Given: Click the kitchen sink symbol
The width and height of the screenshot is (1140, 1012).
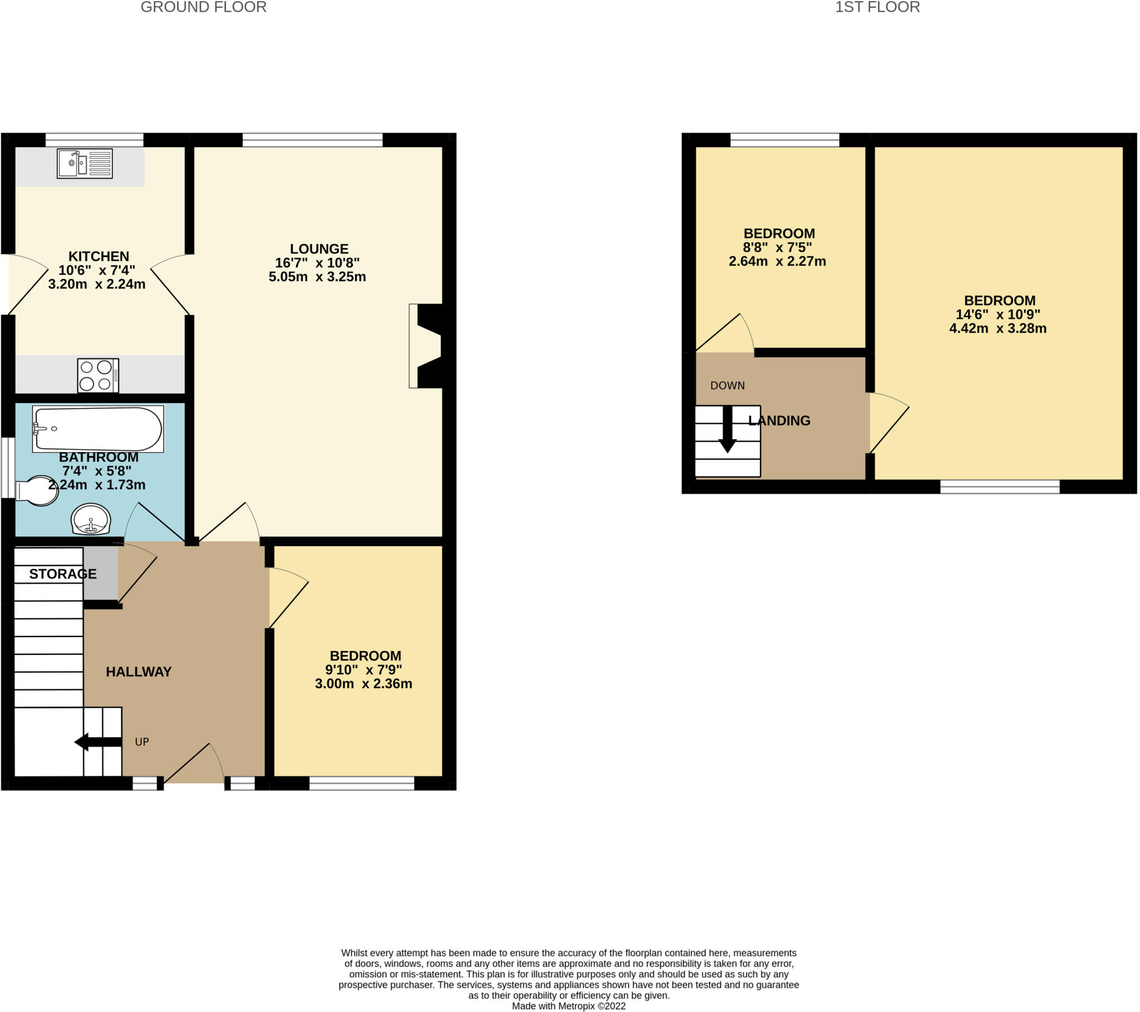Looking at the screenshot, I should [x=85, y=164].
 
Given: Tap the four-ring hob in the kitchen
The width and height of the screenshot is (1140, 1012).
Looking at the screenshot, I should [x=98, y=375].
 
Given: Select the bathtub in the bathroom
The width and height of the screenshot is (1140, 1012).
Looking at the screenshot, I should [x=98, y=429].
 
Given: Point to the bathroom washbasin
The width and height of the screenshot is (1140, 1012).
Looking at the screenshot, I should [x=91, y=519].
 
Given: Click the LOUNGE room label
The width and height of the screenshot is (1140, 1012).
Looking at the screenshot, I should [x=319, y=249].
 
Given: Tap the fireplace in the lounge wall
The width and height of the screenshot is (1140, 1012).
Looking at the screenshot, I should [x=426, y=345].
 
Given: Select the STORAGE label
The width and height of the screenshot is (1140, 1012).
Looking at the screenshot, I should [x=63, y=574].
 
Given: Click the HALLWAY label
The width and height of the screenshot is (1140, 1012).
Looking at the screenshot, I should [x=139, y=672].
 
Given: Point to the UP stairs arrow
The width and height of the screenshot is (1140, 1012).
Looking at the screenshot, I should [x=98, y=742].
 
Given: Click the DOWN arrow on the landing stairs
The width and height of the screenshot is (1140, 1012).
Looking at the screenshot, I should [x=728, y=430].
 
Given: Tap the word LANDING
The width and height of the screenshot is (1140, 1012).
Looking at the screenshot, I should [x=779, y=421].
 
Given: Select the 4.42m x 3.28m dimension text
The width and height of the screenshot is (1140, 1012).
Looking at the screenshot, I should [x=998, y=328].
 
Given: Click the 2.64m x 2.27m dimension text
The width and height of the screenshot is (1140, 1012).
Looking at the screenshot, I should [x=777, y=261].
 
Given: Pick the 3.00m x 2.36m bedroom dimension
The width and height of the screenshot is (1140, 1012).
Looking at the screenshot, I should [x=363, y=684].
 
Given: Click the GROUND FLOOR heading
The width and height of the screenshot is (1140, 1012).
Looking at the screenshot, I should [x=204, y=7].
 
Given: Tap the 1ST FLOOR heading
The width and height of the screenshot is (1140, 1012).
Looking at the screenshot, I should [x=877, y=7].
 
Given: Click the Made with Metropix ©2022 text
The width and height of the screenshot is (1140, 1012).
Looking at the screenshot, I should [x=569, y=1006].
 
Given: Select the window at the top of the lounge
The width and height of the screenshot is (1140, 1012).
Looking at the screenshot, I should [x=312, y=140].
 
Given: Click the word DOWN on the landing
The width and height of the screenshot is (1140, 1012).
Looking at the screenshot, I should [x=728, y=386].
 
